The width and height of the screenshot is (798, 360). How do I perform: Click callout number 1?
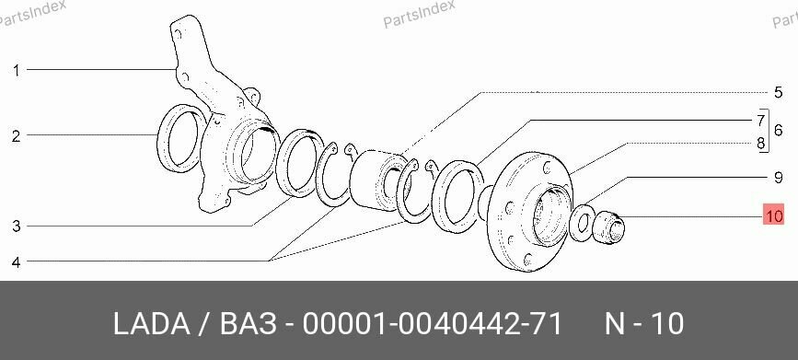16,69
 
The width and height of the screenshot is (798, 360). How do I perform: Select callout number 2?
16,137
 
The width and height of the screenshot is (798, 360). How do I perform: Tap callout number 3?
16,226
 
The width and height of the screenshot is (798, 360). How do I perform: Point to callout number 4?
16,262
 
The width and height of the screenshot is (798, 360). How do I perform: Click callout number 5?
777,92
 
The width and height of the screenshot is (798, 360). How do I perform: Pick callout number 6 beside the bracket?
778,131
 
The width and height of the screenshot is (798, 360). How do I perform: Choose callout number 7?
761,120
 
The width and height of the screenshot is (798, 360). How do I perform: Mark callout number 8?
761,143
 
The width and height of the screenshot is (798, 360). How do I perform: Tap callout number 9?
777,176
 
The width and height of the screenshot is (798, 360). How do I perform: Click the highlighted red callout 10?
773,217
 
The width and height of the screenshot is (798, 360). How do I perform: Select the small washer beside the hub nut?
582,223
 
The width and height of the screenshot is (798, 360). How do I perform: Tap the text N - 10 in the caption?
643,324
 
